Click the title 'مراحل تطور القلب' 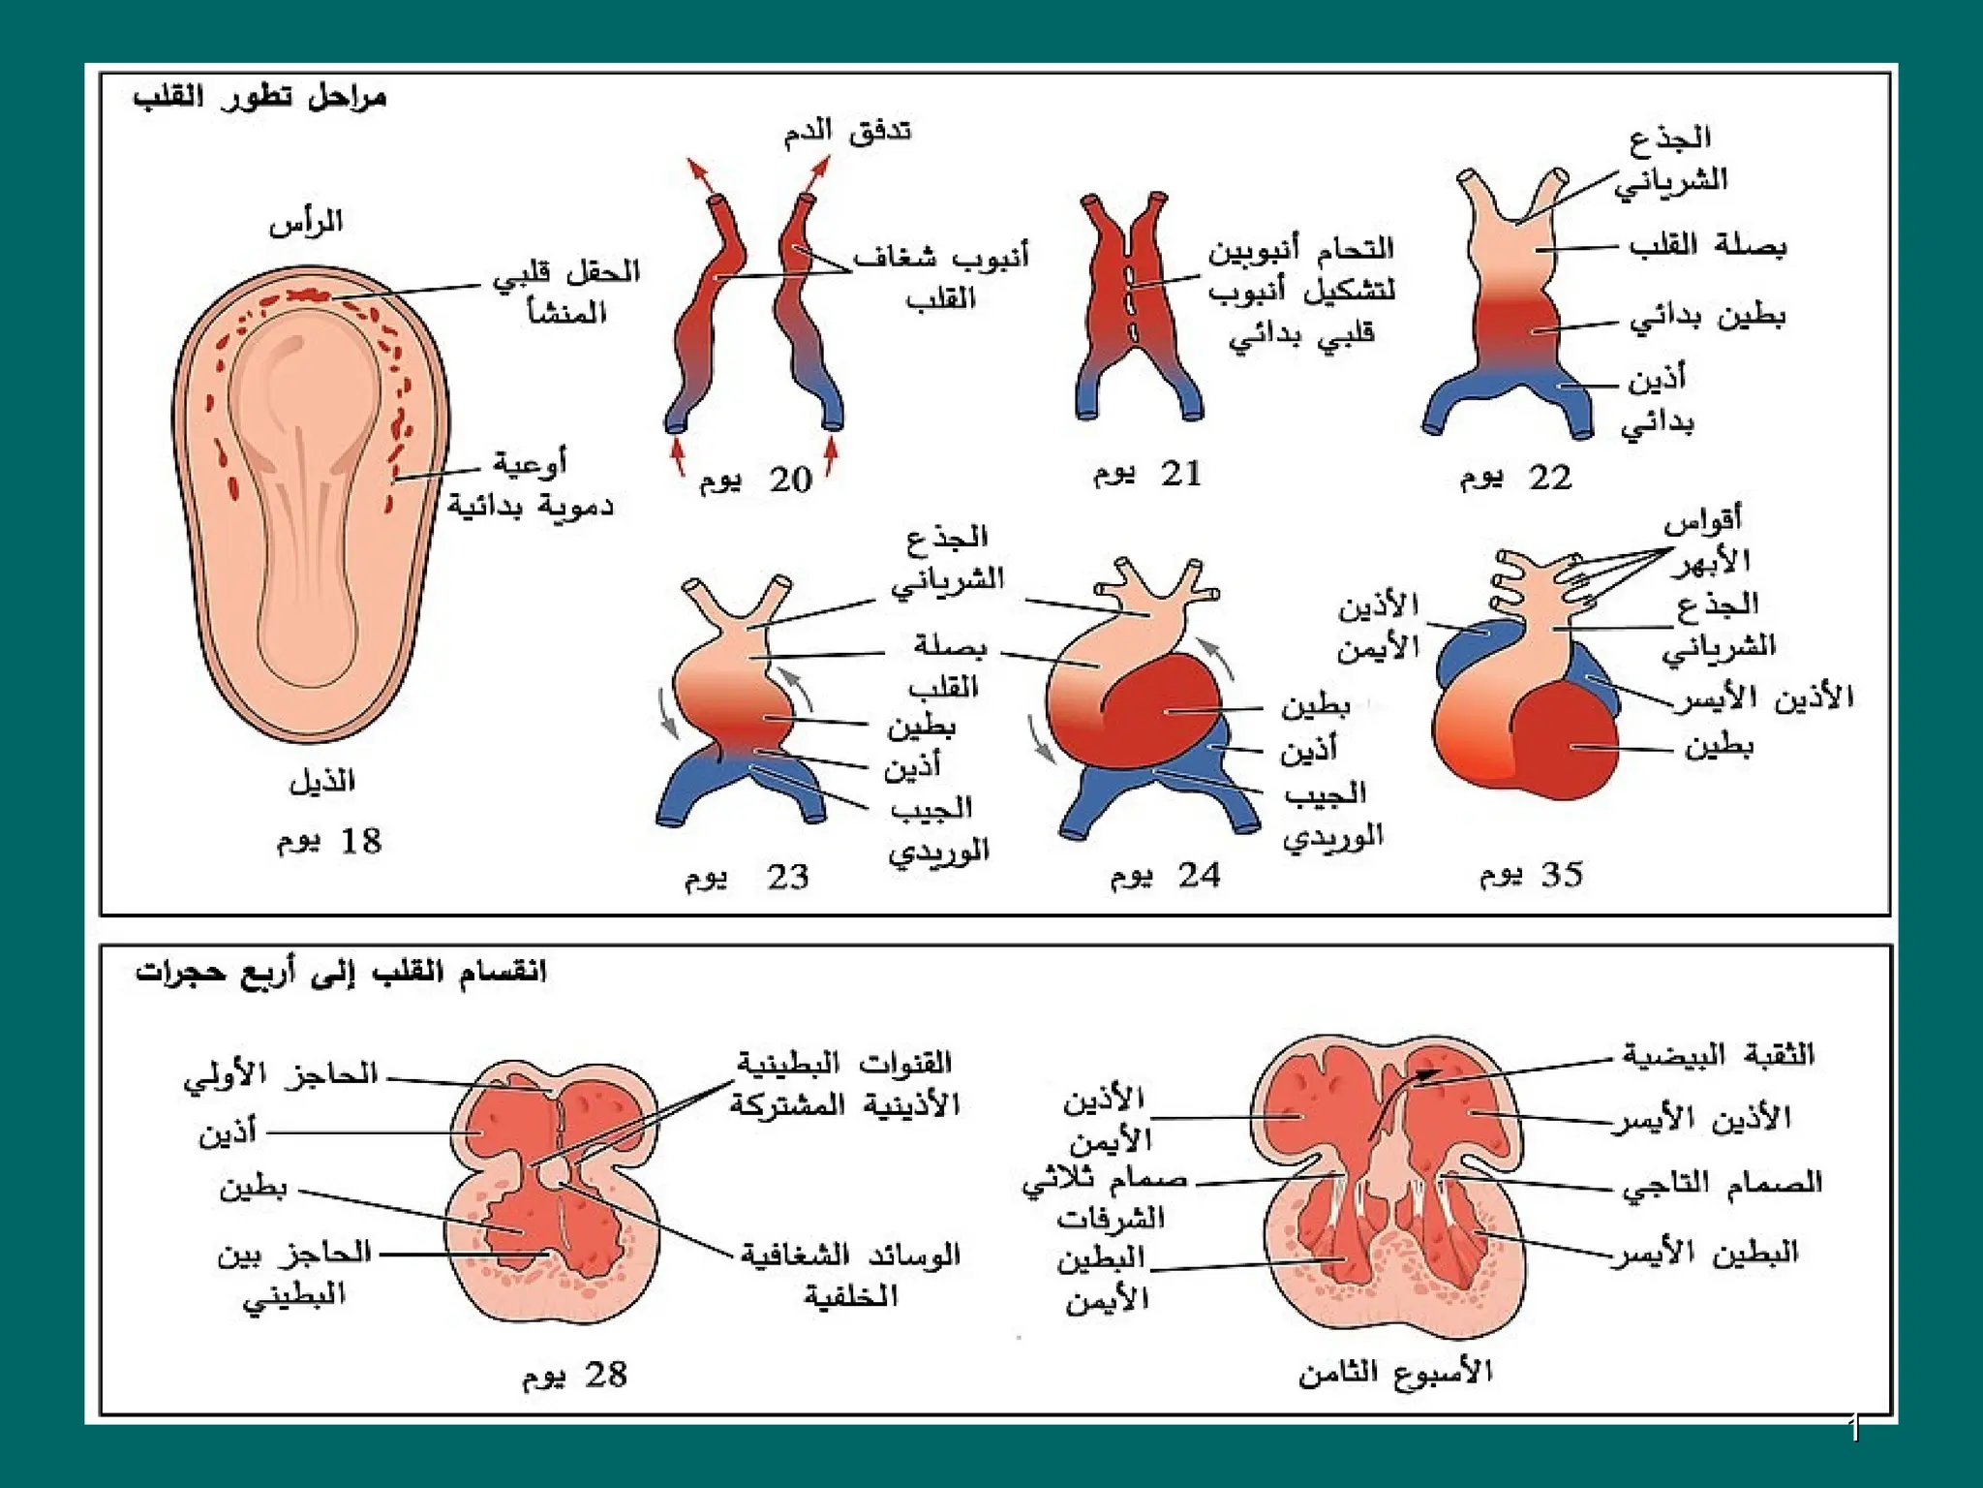tap(259, 98)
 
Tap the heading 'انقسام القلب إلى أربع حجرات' tap(341, 972)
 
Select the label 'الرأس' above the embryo tap(306, 223)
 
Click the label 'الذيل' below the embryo tap(322, 781)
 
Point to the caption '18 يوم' tap(329, 841)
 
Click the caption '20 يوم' tap(756, 480)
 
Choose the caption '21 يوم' tap(1148, 474)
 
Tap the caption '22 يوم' tap(1516, 478)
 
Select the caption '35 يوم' tap(1531, 875)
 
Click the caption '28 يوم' tap(575, 1375)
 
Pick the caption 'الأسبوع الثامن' tap(1395, 1372)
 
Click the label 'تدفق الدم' tap(847, 131)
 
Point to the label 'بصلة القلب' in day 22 tap(1707, 245)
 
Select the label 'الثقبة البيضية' tap(1718, 1054)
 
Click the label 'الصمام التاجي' tap(1722, 1183)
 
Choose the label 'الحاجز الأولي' tap(281, 1075)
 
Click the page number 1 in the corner tap(1853, 1428)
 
